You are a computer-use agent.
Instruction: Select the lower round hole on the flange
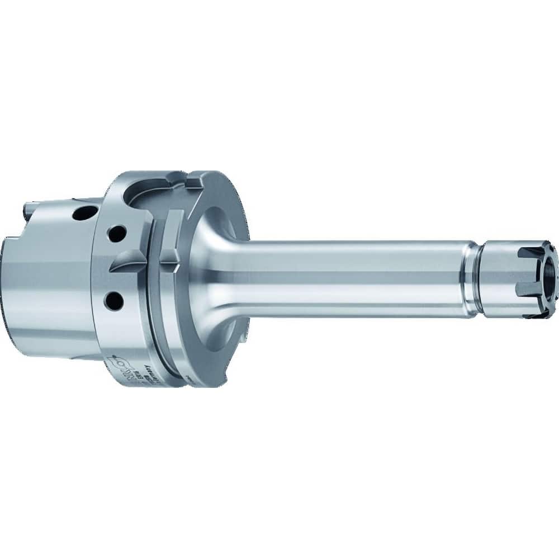point(115,301)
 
